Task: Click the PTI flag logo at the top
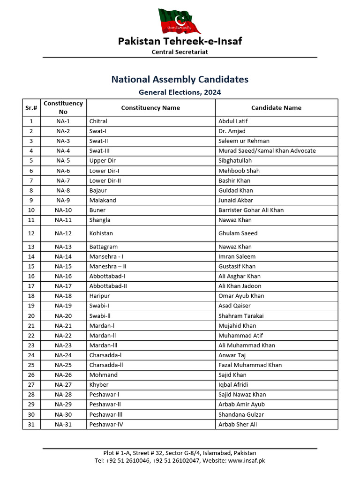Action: [x=180, y=20]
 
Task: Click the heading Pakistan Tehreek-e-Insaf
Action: [x=180, y=41]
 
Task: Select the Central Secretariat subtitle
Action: [x=180, y=52]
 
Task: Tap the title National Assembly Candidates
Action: [x=180, y=79]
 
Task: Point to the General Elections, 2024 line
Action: [x=180, y=92]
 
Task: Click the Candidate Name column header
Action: [x=276, y=108]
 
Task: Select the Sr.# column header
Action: [x=31, y=108]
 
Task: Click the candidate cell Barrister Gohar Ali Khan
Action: [x=251, y=210]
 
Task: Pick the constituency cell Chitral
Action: [x=98, y=121]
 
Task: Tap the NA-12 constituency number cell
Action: [x=63, y=233]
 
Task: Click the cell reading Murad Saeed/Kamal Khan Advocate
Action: [x=267, y=151]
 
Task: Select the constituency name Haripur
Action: [x=99, y=296]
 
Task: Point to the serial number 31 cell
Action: [x=31, y=424]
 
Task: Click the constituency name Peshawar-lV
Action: [x=106, y=424]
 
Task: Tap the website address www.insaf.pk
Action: [x=247, y=460]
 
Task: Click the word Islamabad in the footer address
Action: [x=218, y=453]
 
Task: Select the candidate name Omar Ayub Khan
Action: [x=241, y=296]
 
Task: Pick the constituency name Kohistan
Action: [x=101, y=233]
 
